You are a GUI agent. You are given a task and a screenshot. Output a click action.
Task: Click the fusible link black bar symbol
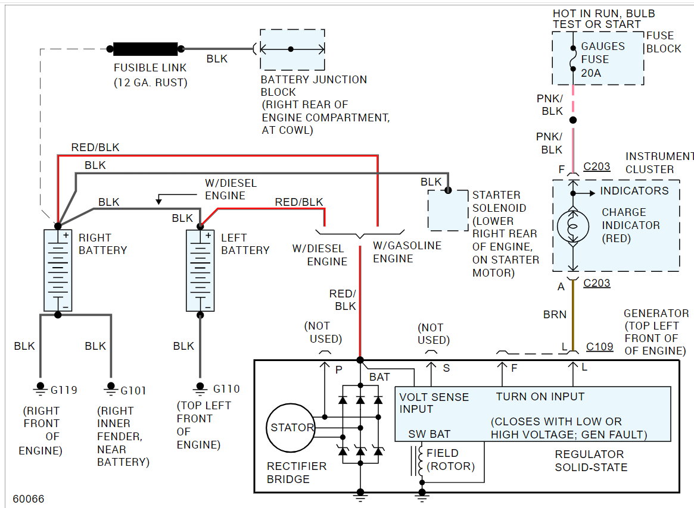pyautogui.click(x=145, y=49)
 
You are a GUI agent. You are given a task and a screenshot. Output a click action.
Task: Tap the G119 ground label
pyautogui.click(x=64, y=390)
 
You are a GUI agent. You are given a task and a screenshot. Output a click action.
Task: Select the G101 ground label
pyautogui.click(x=133, y=391)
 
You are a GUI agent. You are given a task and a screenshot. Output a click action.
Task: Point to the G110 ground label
pyautogui.click(x=226, y=389)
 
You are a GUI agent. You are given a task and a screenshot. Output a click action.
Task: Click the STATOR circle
pyautogui.click(x=291, y=427)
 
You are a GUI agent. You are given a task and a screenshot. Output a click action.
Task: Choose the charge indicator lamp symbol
pyautogui.click(x=573, y=227)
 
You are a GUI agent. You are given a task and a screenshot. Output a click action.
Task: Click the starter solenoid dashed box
pyautogui.click(x=448, y=211)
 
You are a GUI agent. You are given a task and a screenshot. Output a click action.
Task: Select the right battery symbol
pyautogui.click(x=58, y=270)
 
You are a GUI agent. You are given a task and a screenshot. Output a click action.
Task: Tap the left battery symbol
pyautogui.click(x=200, y=270)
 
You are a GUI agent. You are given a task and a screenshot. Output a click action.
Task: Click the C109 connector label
pyautogui.click(x=599, y=346)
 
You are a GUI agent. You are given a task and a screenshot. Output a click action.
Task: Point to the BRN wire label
pyautogui.click(x=555, y=314)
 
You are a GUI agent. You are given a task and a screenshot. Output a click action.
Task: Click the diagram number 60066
pyautogui.click(x=28, y=499)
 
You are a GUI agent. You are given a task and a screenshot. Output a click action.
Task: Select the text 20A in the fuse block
pyautogui.click(x=591, y=73)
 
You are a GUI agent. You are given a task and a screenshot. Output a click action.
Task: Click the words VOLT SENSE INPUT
pyautogui.click(x=434, y=403)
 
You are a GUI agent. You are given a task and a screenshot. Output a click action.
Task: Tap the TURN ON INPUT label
pyautogui.click(x=540, y=397)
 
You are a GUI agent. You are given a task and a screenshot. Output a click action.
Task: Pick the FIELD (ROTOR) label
pyautogui.click(x=450, y=460)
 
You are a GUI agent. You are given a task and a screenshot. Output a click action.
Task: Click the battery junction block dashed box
pyautogui.click(x=292, y=49)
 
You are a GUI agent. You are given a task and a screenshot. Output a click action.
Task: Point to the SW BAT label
pyautogui.click(x=429, y=434)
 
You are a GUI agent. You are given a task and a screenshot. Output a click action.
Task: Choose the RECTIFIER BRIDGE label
pyautogui.click(x=297, y=472)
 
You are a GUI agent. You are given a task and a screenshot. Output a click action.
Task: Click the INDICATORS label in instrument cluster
pyautogui.click(x=634, y=191)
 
